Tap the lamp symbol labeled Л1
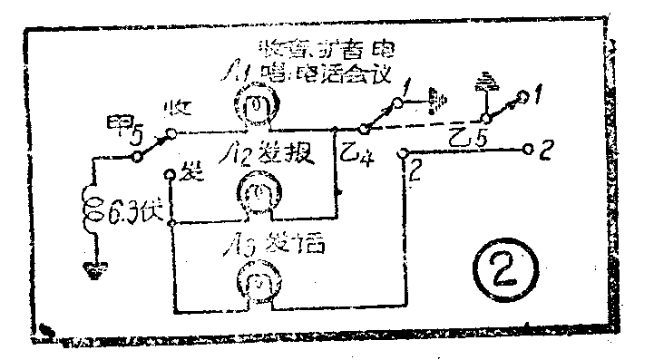258,106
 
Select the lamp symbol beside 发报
258,193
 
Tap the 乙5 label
473,136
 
